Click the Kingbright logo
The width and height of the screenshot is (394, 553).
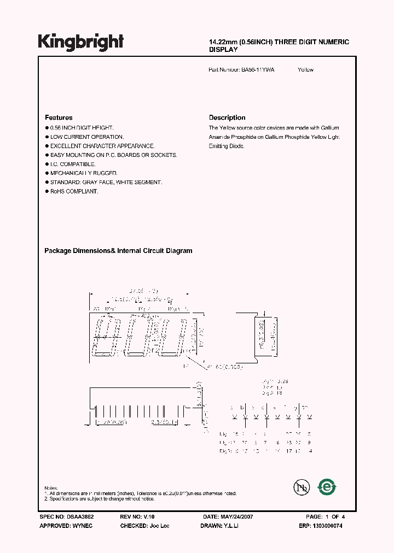click(80, 42)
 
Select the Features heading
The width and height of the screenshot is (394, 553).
click(59, 117)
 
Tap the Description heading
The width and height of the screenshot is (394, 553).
click(227, 117)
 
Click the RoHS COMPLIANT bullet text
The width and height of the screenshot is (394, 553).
click(74, 191)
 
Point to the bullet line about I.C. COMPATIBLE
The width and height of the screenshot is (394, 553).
click(73, 164)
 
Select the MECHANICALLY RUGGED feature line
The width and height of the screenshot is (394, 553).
click(84, 173)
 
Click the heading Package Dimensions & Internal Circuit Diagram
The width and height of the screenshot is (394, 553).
click(118, 251)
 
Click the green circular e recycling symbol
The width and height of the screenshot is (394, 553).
click(327, 486)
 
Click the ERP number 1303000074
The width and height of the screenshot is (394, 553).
click(328, 525)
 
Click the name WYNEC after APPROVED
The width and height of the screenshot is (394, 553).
click(84, 525)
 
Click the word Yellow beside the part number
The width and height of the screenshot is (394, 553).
click(306, 70)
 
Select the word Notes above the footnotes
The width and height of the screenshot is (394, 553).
click(51, 488)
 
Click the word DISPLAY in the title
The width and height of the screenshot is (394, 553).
click(223, 49)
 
